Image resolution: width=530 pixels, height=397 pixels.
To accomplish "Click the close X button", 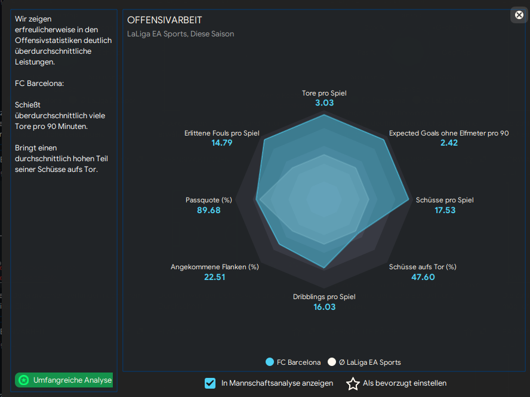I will [519, 15].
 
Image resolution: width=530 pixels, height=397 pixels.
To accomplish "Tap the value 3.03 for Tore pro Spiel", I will [324, 103].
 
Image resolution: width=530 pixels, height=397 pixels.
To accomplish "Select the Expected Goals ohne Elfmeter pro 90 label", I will [449, 133].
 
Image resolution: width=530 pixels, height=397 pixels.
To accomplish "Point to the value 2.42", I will [449, 143].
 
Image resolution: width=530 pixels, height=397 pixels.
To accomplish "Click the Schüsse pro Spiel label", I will [445, 200].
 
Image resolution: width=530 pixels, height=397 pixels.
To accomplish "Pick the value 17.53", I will [445, 210].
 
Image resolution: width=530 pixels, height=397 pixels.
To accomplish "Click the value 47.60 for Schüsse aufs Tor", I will [423, 277].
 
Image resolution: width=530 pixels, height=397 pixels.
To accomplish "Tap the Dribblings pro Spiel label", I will [324, 297].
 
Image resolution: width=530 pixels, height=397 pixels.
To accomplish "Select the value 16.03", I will [324, 307].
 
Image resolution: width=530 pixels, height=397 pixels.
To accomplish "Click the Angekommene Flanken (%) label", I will [214, 267].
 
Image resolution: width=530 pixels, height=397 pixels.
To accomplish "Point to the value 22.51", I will [214, 277].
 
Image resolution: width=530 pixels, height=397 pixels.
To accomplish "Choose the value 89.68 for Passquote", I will [208, 210].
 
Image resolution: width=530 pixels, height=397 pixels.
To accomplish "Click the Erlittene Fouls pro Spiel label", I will [221, 133].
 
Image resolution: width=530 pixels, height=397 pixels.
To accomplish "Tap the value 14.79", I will [221, 143].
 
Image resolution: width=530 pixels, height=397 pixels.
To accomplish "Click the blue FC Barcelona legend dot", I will [270, 362].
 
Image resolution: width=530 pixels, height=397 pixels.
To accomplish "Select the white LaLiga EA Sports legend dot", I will [332, 362].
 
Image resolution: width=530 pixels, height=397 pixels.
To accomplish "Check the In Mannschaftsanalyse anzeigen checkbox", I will [210, 383].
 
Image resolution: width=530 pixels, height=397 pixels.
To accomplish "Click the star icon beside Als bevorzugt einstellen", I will [353, 383].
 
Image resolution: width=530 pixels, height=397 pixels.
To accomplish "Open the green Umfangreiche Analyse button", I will [64, 380].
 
